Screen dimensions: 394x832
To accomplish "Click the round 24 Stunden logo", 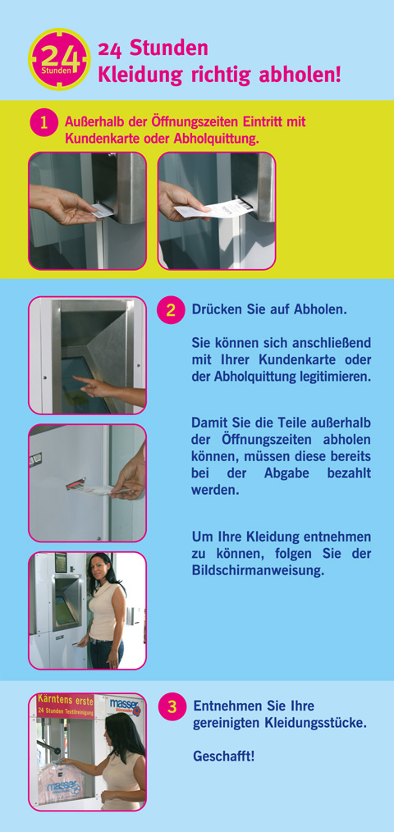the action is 59,59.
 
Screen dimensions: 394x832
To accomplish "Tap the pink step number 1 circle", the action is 44,123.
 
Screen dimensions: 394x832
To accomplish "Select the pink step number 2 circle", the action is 171,309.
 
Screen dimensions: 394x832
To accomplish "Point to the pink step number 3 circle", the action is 172,706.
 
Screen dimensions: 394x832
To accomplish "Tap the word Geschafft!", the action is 223,756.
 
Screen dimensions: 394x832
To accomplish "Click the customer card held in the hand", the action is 102,211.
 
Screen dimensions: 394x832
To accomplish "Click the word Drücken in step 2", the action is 215,309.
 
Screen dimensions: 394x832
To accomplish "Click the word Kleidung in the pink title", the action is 140,75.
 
